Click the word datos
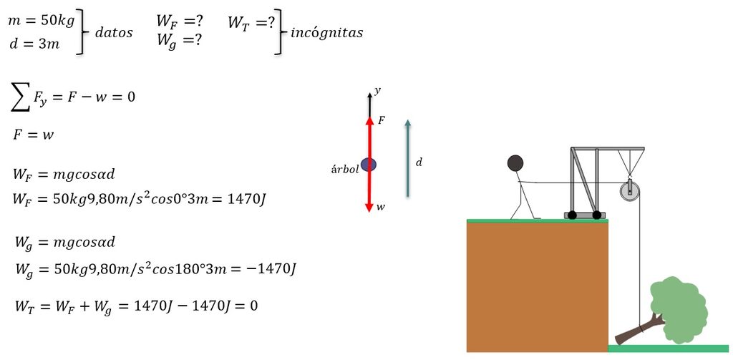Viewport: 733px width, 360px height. tap(114, 33)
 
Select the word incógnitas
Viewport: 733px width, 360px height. tap(326, 33)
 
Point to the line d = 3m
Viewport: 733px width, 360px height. tap(34, 45)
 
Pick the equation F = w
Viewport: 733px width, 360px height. tap(33, 135)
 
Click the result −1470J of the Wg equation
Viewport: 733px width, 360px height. tap(271, 270)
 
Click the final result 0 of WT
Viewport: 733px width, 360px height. tap(253, 306)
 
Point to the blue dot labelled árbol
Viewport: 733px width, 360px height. tap(369, 165)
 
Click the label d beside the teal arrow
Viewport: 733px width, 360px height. tap(419, 162)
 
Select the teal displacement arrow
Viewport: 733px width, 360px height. tap(407, 158)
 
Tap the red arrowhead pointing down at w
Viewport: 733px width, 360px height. tap(369, 207)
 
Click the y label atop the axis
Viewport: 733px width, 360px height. tap(377, 89)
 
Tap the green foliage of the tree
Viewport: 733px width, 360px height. tap(679, 309)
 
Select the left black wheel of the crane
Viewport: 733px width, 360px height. tap(572, 215)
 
